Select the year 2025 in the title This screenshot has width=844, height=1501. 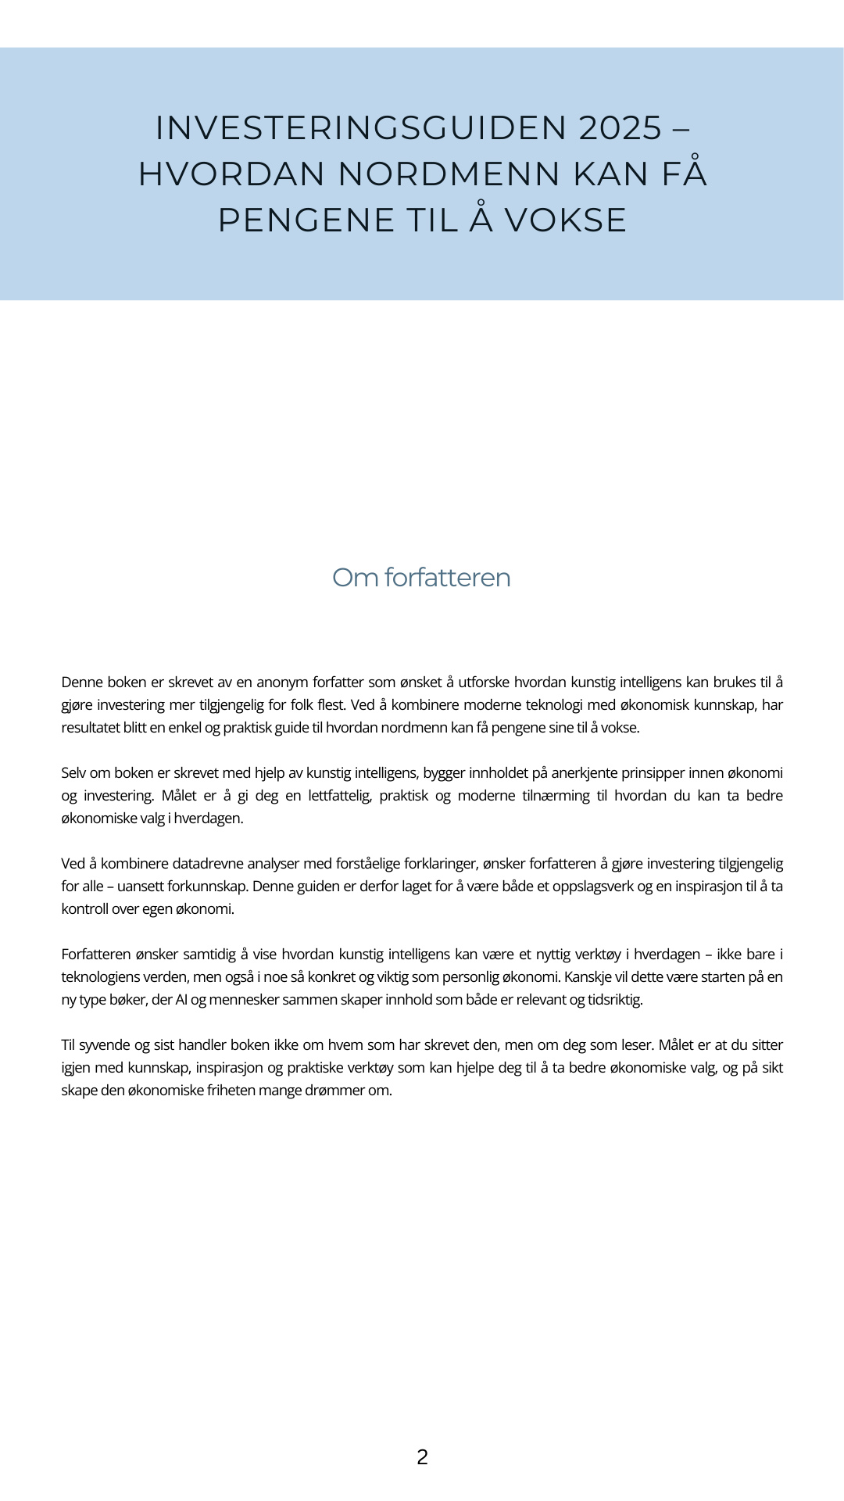tap(620, 128)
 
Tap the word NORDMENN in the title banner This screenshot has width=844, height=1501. tap(449, 174)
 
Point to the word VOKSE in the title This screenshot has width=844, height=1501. tap(565, 220)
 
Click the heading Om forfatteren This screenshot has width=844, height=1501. tap(421, 578)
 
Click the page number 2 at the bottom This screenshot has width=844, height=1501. tap(422, 1457)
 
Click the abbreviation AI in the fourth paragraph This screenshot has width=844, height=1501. tap(181, 1000)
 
